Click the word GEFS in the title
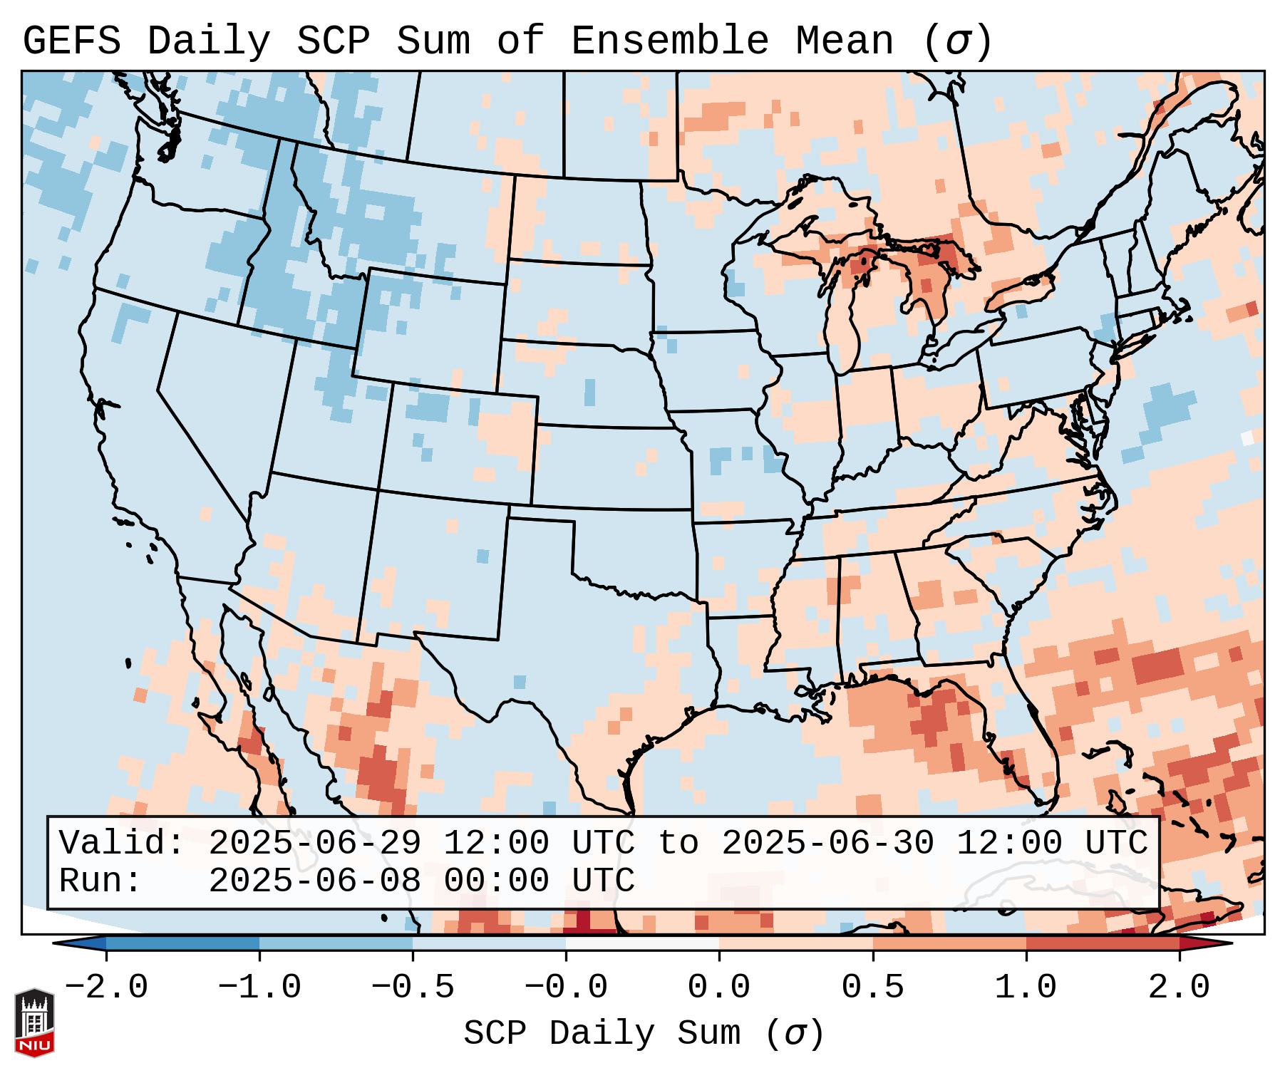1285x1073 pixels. (71, 41)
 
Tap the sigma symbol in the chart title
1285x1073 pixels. (957, 41)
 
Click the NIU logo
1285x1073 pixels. (34, 1022)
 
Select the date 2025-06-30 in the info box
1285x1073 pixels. (827, 844)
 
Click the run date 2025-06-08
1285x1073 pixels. (314, 881)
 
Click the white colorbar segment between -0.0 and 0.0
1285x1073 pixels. (642, 943)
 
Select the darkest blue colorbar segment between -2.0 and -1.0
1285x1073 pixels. (182, 943)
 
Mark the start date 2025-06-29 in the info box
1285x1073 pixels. (314, 844)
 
